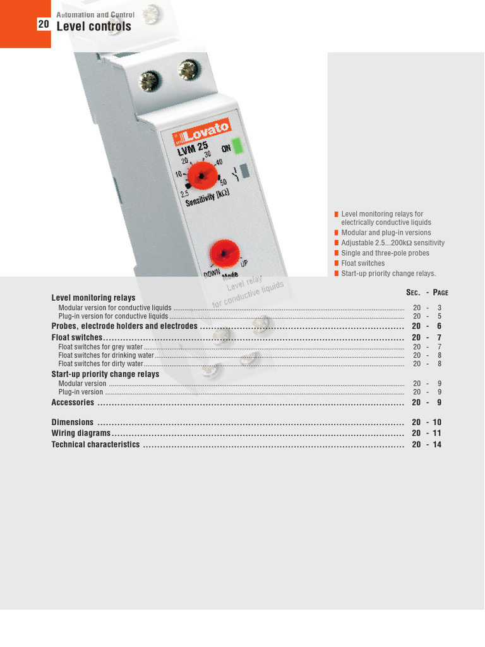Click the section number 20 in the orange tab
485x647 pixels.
[x=44, y=25]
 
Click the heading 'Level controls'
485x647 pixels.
[x=93, y=26]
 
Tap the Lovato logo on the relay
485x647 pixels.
[x=196, y=133]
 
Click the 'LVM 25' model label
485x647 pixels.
[x=192, y=149]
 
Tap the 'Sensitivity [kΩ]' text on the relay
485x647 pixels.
[x=207, y=198]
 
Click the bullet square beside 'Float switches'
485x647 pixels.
[x=337, y=263]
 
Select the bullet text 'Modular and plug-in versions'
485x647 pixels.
[x=386, y=233]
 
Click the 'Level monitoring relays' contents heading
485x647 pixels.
[x=93, y=298]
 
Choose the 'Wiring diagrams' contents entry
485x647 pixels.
[x=81, y=433]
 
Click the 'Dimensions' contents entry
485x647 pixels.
[x=72, y=422]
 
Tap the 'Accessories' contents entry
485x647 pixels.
[x=73, y=402]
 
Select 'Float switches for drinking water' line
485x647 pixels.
[x=106, y=355]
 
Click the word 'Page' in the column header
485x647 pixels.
[x=440, y=293]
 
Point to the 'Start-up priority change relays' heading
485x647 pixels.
[x=105, y=374]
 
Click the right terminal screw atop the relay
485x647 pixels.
[x=188, y=70]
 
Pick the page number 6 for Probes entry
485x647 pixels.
[x=439, y=327]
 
